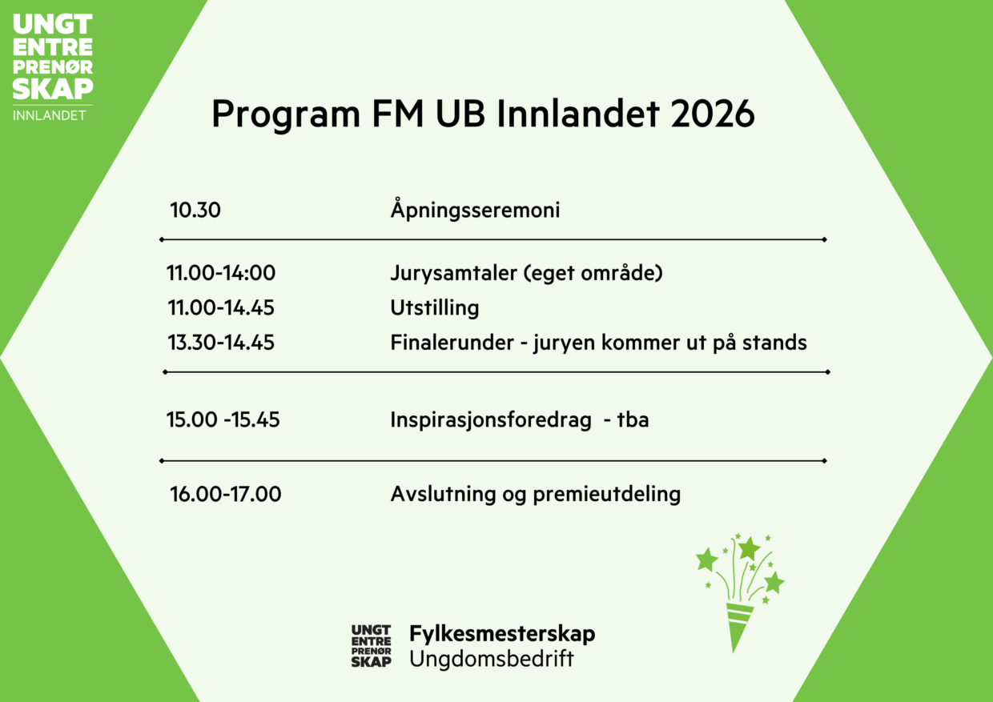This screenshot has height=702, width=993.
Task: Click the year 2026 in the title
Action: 712,115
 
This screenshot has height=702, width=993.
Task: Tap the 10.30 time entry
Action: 195,211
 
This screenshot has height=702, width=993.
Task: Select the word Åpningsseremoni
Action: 475,211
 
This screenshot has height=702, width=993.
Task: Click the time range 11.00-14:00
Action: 221,274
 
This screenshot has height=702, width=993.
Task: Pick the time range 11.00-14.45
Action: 221,308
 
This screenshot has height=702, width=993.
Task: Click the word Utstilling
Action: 434,308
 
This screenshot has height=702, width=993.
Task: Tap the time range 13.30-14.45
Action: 221,343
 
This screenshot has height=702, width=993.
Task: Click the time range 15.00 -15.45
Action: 223,419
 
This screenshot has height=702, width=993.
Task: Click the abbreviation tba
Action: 633,419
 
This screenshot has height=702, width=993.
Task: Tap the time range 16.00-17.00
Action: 225,495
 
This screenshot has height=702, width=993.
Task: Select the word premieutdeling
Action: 614,495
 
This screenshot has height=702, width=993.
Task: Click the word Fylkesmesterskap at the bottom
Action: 502,634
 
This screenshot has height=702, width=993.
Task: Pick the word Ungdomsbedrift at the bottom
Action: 492,660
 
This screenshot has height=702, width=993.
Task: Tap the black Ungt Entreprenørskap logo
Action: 372,646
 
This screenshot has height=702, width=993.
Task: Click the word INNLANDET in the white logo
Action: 50,115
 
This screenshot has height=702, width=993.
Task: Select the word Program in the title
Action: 286,115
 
